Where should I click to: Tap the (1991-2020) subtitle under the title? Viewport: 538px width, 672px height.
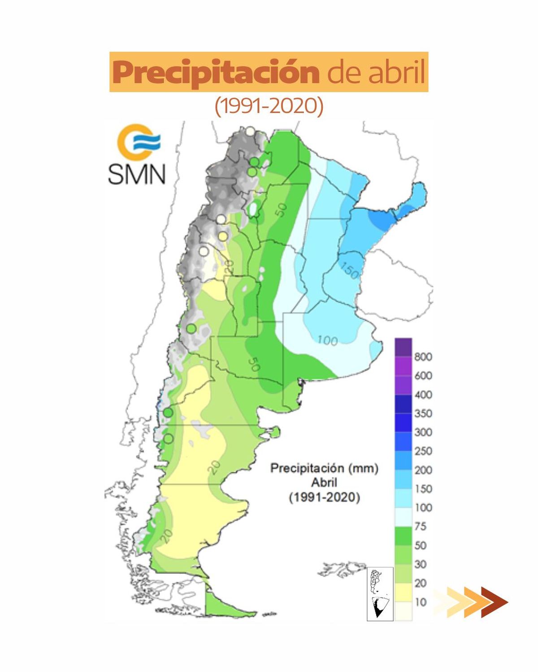269,106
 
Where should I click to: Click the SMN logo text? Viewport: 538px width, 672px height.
137,173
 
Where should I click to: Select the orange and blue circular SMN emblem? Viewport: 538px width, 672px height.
138,142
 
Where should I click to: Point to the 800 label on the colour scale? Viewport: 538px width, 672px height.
423,357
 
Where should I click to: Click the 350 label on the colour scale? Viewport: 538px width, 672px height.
423,414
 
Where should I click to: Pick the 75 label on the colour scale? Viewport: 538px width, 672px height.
420,526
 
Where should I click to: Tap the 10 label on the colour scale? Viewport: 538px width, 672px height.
420,602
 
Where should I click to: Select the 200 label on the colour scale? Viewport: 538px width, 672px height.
423,470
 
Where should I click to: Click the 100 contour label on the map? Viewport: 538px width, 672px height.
327,340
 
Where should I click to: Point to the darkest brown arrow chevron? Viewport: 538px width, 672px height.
494,602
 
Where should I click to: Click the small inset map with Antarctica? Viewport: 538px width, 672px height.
380,594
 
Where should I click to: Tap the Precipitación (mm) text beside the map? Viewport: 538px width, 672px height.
324,468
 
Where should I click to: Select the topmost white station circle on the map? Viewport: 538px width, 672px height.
250,131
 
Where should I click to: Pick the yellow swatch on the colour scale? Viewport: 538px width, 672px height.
403,592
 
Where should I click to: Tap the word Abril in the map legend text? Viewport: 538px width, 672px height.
324,482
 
